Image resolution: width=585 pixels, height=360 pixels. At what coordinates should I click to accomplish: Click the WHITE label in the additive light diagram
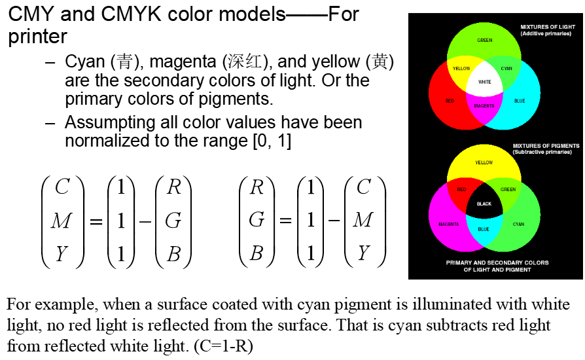[484, 82]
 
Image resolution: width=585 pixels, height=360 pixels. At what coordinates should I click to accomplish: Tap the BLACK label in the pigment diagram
[484, 204]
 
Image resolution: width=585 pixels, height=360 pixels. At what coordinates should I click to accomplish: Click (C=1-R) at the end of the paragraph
[222, 346]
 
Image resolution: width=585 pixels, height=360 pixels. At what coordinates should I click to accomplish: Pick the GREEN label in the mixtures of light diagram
[484, 41]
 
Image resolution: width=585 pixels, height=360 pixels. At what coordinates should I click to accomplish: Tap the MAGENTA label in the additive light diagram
[484, 105]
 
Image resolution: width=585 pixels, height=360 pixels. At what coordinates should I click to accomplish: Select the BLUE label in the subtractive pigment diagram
[484, 229]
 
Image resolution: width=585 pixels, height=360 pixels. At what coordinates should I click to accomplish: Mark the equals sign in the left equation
[96, 221]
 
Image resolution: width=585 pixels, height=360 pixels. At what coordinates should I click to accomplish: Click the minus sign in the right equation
[334, 221]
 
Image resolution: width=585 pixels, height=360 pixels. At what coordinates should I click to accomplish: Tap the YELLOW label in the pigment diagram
[484, 162]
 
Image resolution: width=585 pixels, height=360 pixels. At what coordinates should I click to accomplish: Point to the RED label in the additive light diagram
[450, 101]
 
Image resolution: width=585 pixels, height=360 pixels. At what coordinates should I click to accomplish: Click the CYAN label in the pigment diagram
[518, 225]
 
